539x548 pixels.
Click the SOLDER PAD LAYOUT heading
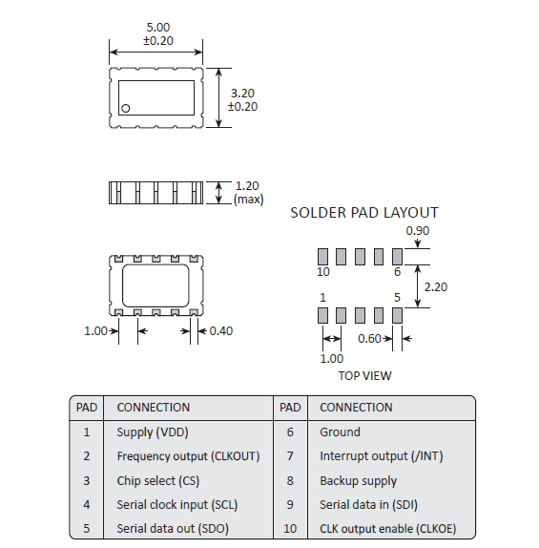[363, 213]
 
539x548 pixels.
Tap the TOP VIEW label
[364, 375]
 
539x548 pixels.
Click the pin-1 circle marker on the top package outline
[125, 109]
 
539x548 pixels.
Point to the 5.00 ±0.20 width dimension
[157, 35]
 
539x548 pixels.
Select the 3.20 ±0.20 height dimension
[245, 99]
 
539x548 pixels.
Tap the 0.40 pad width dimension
[219, 331]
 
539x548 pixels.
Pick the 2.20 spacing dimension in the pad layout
[434, 285]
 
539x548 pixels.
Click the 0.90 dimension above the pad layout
[418, 231]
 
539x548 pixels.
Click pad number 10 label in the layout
[322, 272]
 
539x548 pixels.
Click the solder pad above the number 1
[323, 315]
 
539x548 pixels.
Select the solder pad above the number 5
[398, 315]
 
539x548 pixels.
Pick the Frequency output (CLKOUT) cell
[188, 456]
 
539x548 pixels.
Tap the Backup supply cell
[358, 480]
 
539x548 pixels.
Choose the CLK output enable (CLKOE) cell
[387, 529]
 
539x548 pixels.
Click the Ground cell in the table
[340, 432]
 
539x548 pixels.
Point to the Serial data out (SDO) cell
[173, 529]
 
